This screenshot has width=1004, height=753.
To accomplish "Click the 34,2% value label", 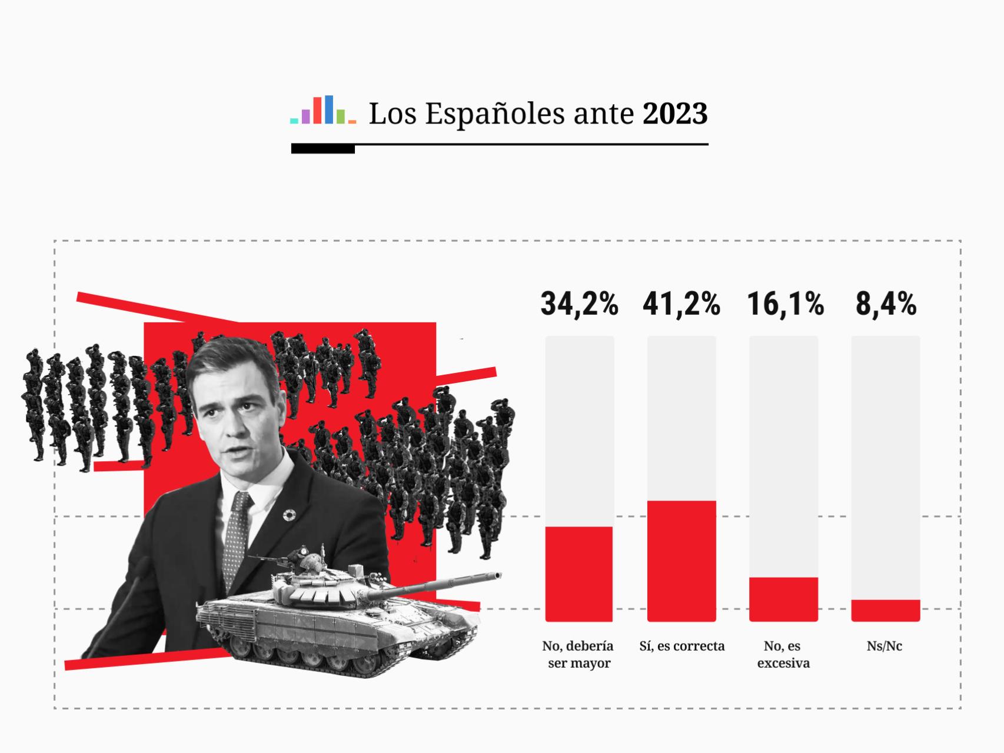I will coord(579,304).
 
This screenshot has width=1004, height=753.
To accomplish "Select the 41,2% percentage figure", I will coord(681,304).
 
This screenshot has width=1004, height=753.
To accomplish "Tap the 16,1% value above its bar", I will coord(784,304).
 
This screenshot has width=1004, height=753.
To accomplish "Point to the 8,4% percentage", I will coord(886,304).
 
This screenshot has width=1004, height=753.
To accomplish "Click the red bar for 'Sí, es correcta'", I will coord(681,561).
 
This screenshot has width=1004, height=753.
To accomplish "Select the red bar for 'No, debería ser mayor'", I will coord(579,574).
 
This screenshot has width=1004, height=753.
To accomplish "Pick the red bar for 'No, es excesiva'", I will coord(783,599).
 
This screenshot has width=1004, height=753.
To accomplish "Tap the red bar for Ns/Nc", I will coord(885,610).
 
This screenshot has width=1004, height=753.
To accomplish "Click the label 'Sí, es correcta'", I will coord(681,646).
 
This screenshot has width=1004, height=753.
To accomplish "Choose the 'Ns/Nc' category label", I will coord(884,646).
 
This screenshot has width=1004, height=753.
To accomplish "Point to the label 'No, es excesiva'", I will coord(783,654).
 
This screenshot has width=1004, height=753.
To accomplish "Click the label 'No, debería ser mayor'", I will coord(577,654).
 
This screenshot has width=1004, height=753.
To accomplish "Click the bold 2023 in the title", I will coord(674,114).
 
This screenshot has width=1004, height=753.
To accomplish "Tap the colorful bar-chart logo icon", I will coord(323,110).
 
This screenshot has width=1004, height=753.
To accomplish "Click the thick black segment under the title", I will coord(323,149).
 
